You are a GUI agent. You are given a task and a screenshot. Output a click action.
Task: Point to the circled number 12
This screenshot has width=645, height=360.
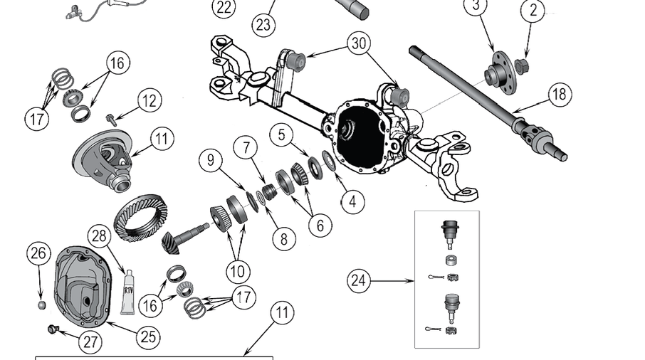click(149, 100)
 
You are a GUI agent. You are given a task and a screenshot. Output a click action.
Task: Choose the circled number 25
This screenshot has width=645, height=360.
click(147, 336)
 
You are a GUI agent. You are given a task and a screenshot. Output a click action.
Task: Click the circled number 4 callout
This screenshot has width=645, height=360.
click(352, 201)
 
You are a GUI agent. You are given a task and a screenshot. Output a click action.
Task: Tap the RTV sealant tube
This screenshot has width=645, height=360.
click(127, 292)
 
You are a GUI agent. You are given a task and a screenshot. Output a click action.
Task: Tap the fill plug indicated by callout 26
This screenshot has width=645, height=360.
click(41, 305)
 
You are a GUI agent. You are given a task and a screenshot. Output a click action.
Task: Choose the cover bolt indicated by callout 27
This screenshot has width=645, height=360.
click(51, 329)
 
